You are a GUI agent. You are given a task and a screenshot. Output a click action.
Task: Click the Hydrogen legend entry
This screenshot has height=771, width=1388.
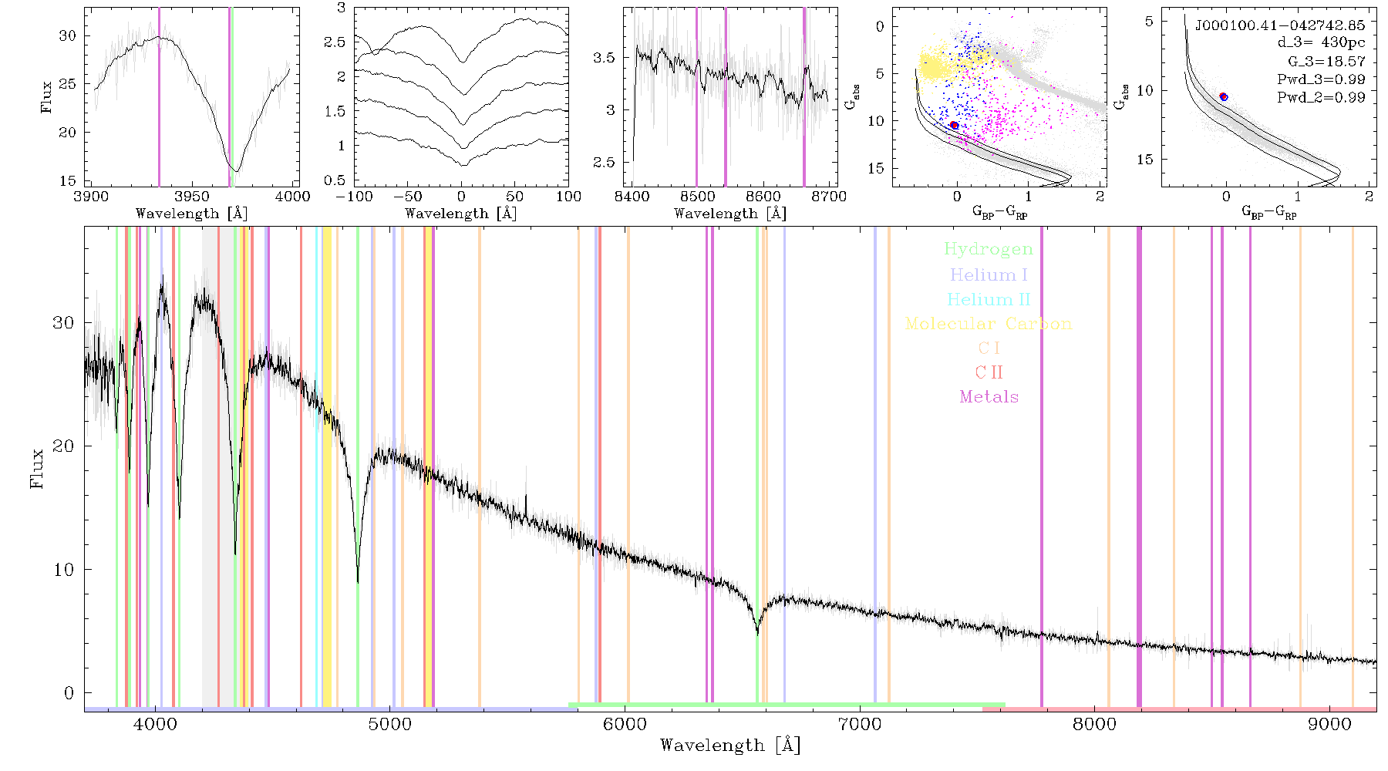[988, 249]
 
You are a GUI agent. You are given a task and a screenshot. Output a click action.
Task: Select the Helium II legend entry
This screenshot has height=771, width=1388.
[989, 299]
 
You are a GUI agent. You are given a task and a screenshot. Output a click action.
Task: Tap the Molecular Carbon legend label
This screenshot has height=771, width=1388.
[989, 324]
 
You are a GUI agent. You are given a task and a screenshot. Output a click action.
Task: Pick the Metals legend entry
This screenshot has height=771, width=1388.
[989, 397]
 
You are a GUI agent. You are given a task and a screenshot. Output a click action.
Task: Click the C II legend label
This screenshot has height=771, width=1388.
[989, 372]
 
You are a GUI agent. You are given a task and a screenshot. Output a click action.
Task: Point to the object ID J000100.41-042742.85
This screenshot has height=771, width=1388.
[1280, 25]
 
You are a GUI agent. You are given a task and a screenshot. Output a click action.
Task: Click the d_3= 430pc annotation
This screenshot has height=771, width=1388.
[1321, 43]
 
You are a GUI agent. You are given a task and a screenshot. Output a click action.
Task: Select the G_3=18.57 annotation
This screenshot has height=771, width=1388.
[1326, 61]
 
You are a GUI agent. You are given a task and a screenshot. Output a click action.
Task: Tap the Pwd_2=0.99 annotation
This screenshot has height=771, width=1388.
[1321, 97]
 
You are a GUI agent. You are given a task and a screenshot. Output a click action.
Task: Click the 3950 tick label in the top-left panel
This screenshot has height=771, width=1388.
[191, 197]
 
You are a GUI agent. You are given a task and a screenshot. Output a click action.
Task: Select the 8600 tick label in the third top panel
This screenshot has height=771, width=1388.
[763, 197]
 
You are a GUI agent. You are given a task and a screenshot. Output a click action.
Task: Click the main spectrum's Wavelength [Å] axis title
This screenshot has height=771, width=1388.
[730, 746]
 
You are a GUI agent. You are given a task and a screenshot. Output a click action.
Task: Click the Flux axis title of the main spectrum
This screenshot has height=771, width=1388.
[36, 467]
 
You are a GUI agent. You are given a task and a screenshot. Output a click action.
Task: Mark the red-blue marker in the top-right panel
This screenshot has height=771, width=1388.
[1224, 96]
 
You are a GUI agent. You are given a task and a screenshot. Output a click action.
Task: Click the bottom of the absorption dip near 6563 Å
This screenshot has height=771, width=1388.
[757, 634]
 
